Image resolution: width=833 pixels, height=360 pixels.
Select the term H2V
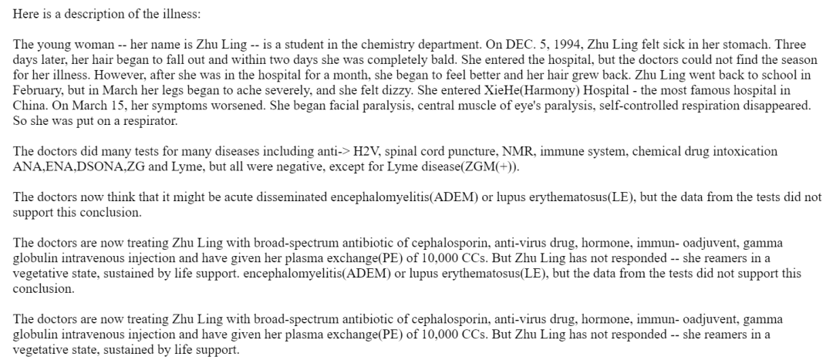pyautogui.click(x=369, y=151)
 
